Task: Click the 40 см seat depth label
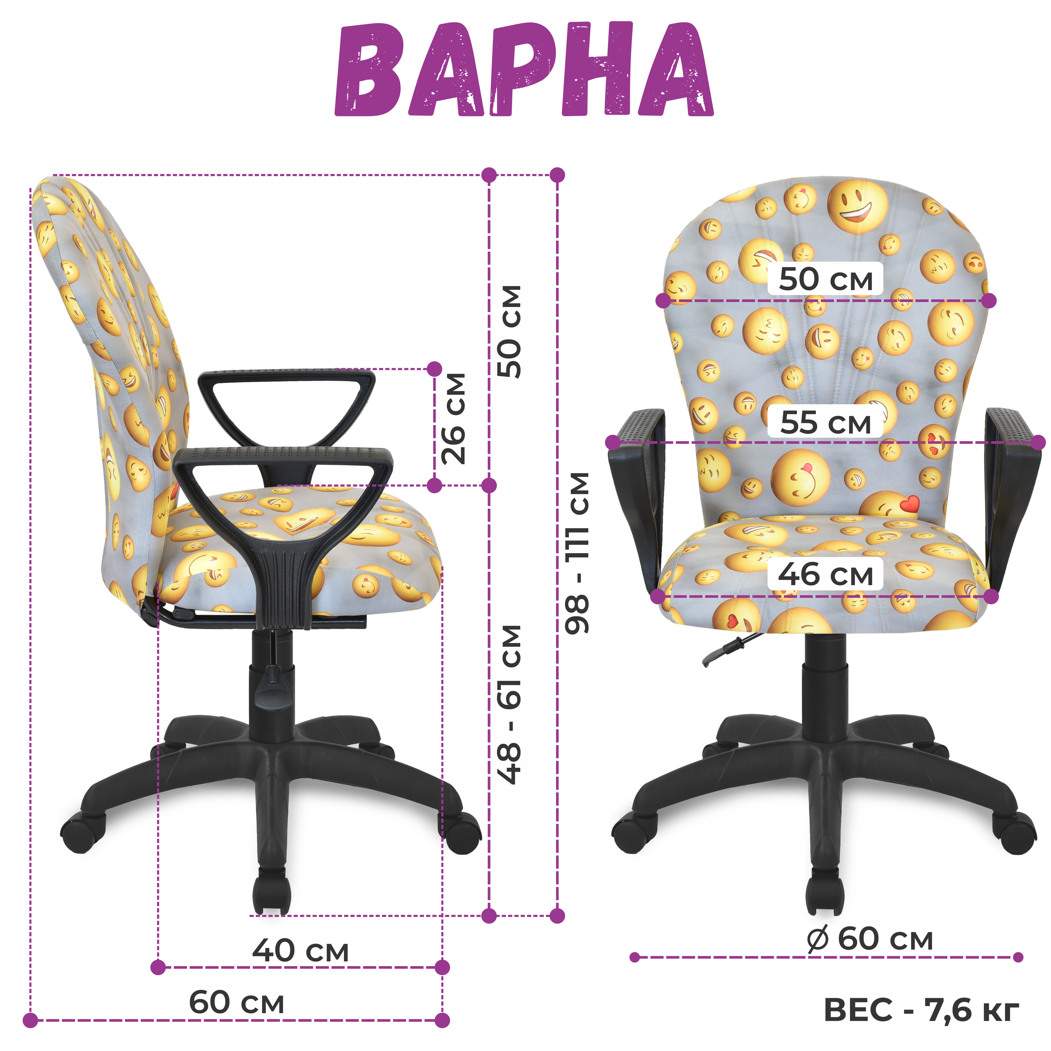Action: [300, 950]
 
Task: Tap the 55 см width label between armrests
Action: [825, 422]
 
